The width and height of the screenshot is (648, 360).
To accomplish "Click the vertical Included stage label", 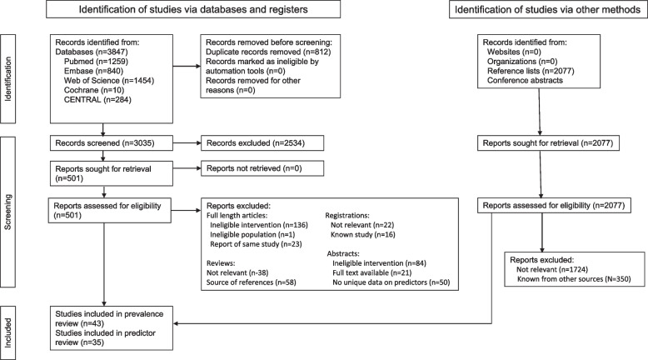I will pos(9,318).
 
